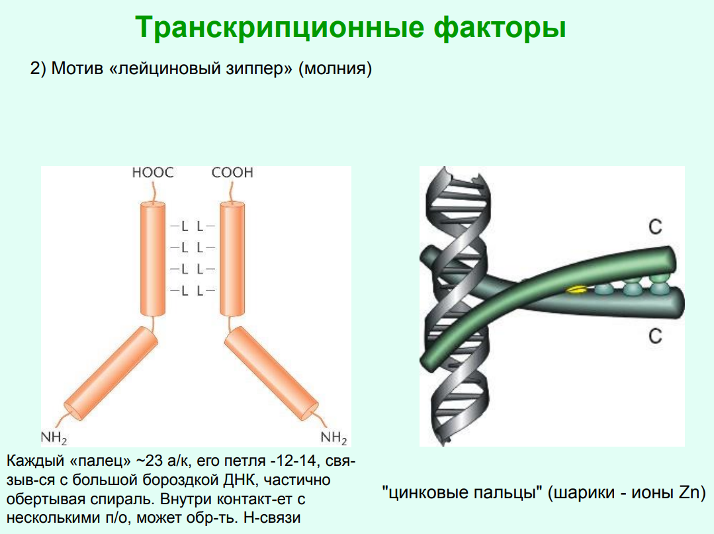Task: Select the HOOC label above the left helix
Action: (153, 173)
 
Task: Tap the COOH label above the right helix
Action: (232, 173)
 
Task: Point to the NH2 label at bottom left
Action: (54, 438)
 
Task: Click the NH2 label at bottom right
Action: (334, 438)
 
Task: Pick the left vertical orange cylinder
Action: (153, 259)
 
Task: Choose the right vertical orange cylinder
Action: (232, 259)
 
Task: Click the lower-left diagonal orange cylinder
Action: (111, 373)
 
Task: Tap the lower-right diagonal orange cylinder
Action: (271, 373)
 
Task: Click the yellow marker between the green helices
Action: (576, 290)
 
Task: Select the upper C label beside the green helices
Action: (655, 227)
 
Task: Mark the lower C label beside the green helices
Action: (655, 336)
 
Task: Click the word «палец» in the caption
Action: (100, 461)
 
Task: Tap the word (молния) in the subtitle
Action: (335, 69)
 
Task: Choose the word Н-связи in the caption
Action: (272, 517)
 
